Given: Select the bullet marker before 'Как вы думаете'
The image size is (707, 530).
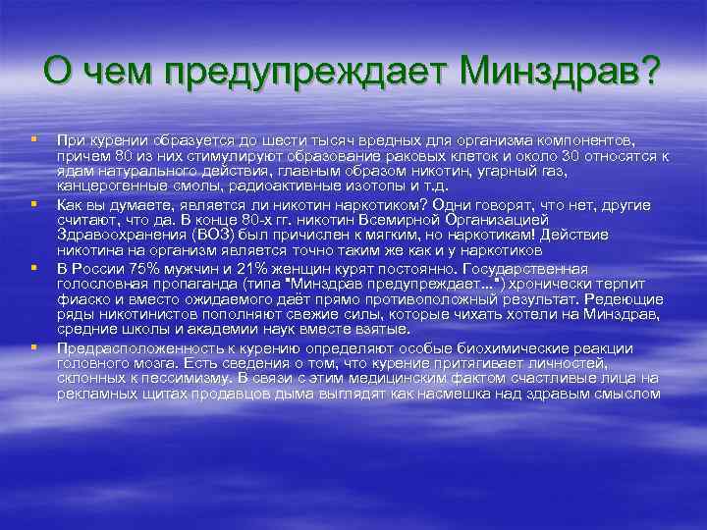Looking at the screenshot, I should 33,203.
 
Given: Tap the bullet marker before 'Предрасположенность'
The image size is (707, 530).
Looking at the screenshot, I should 33,346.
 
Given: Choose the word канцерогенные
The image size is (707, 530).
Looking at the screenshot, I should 105,186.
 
